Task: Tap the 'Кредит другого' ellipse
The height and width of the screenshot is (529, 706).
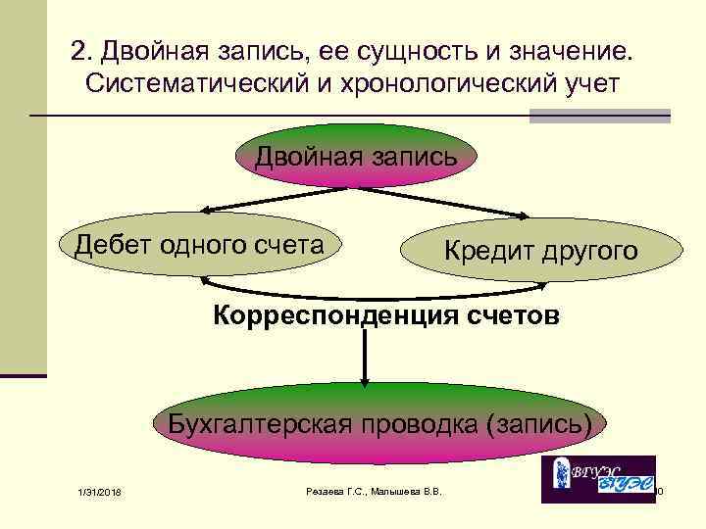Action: pos(540,251)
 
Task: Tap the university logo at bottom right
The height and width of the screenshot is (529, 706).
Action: pos(598,479)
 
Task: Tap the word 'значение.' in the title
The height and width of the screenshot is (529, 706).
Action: pos(572,49)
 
